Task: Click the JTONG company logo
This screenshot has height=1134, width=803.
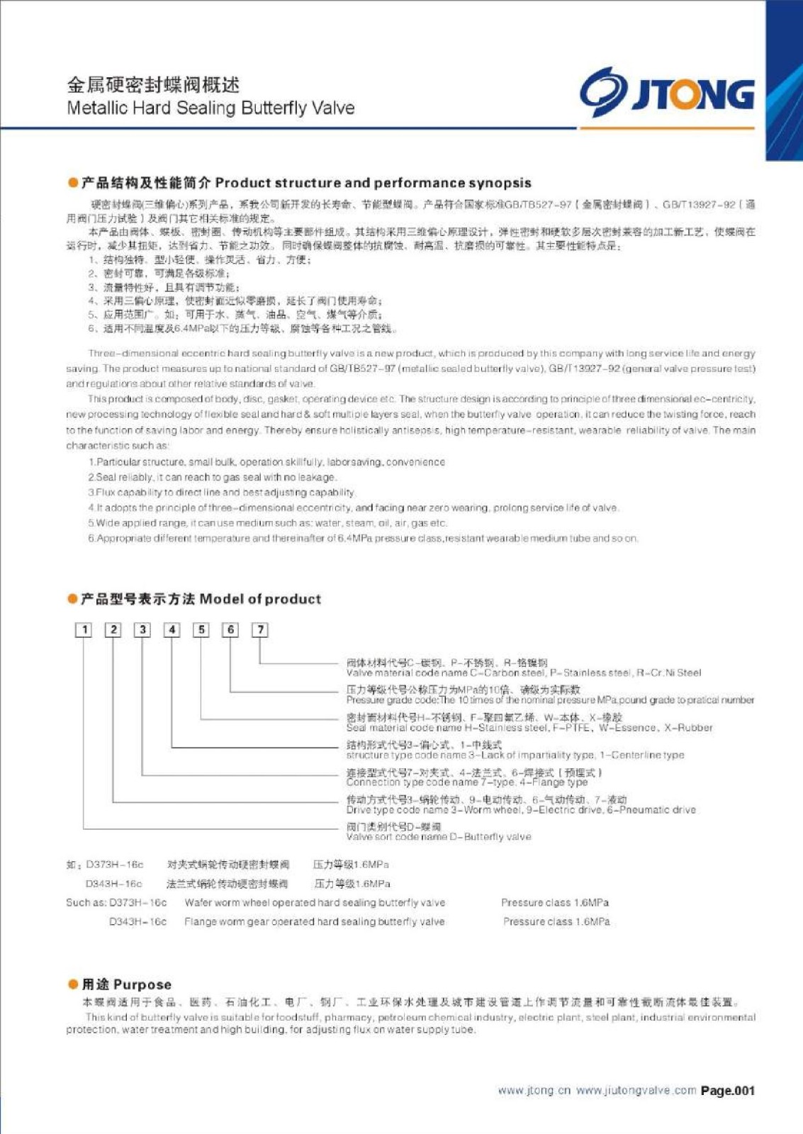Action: pos(667,93)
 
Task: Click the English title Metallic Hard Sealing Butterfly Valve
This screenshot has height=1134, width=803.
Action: pos(210,108)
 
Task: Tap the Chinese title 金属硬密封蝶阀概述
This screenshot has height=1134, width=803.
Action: pos(153,85)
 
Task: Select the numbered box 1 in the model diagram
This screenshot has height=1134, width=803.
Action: pos(84,629)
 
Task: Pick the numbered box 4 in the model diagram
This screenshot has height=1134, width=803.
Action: pos(172,629)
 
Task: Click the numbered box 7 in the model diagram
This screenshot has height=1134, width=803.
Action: pos(260,629)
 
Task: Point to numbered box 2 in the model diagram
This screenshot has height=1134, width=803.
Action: pos(113,629)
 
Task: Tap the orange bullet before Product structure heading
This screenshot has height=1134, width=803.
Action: pos(72,183)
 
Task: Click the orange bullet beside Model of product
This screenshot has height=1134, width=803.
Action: pos(72,599)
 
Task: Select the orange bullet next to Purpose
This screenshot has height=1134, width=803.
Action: pos(72,984)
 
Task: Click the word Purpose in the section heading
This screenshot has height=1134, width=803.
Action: pos(142,984)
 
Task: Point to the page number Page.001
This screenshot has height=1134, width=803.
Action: pos(728,1091)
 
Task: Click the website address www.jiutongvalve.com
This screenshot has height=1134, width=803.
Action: pos(636,1091)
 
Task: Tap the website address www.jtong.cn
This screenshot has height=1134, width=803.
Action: pos(534,1091)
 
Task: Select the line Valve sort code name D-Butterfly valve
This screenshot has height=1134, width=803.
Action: pos(438,837)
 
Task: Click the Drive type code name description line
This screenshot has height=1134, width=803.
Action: pos(521,810)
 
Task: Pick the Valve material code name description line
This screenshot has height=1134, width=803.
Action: pos(523,673)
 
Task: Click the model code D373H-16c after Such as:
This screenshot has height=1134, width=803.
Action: pos(137,903)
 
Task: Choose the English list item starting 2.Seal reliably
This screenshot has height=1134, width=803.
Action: pos(212,478)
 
